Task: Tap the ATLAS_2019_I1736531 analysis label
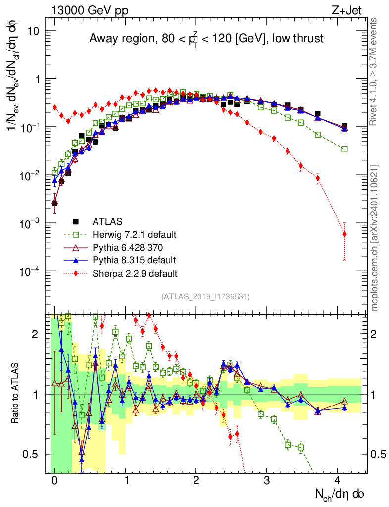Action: pyautogui.click(x=205, y=297)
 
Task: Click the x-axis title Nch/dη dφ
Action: pyautogui.click(x=340, y=494)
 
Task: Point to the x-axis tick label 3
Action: pyautogui.click(x=267, y=480)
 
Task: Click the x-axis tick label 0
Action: pyautogui.click(x=55, y=480)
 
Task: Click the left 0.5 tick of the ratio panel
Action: pyautogui.click(x=34, y=454)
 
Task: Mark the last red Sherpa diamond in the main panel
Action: pyautogui.click(x=344, y=234)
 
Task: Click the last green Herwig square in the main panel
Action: pyautogui.click(x=344, y=149)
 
